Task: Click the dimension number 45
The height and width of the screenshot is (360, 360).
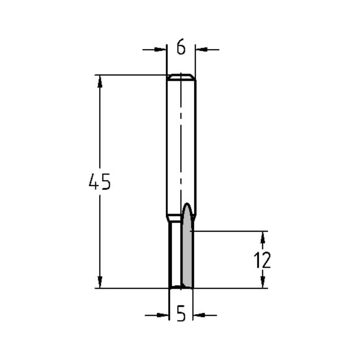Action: coord(100,182)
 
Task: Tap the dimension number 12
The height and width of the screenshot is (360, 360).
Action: coord(262,260)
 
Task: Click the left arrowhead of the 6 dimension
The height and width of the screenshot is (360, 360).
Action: coord(161,49)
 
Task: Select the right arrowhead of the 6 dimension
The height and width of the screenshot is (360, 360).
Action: coord(201,49)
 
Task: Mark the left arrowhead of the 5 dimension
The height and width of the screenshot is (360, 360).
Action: coord(163,315)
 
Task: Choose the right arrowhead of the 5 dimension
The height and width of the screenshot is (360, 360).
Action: coord(199,315)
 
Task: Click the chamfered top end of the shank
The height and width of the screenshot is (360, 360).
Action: coord(181,77)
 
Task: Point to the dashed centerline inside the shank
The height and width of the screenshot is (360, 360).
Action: coord(181,144)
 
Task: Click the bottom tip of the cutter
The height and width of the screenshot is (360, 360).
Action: coord(181,287)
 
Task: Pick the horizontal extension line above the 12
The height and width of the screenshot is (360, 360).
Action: coord(230,231)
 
